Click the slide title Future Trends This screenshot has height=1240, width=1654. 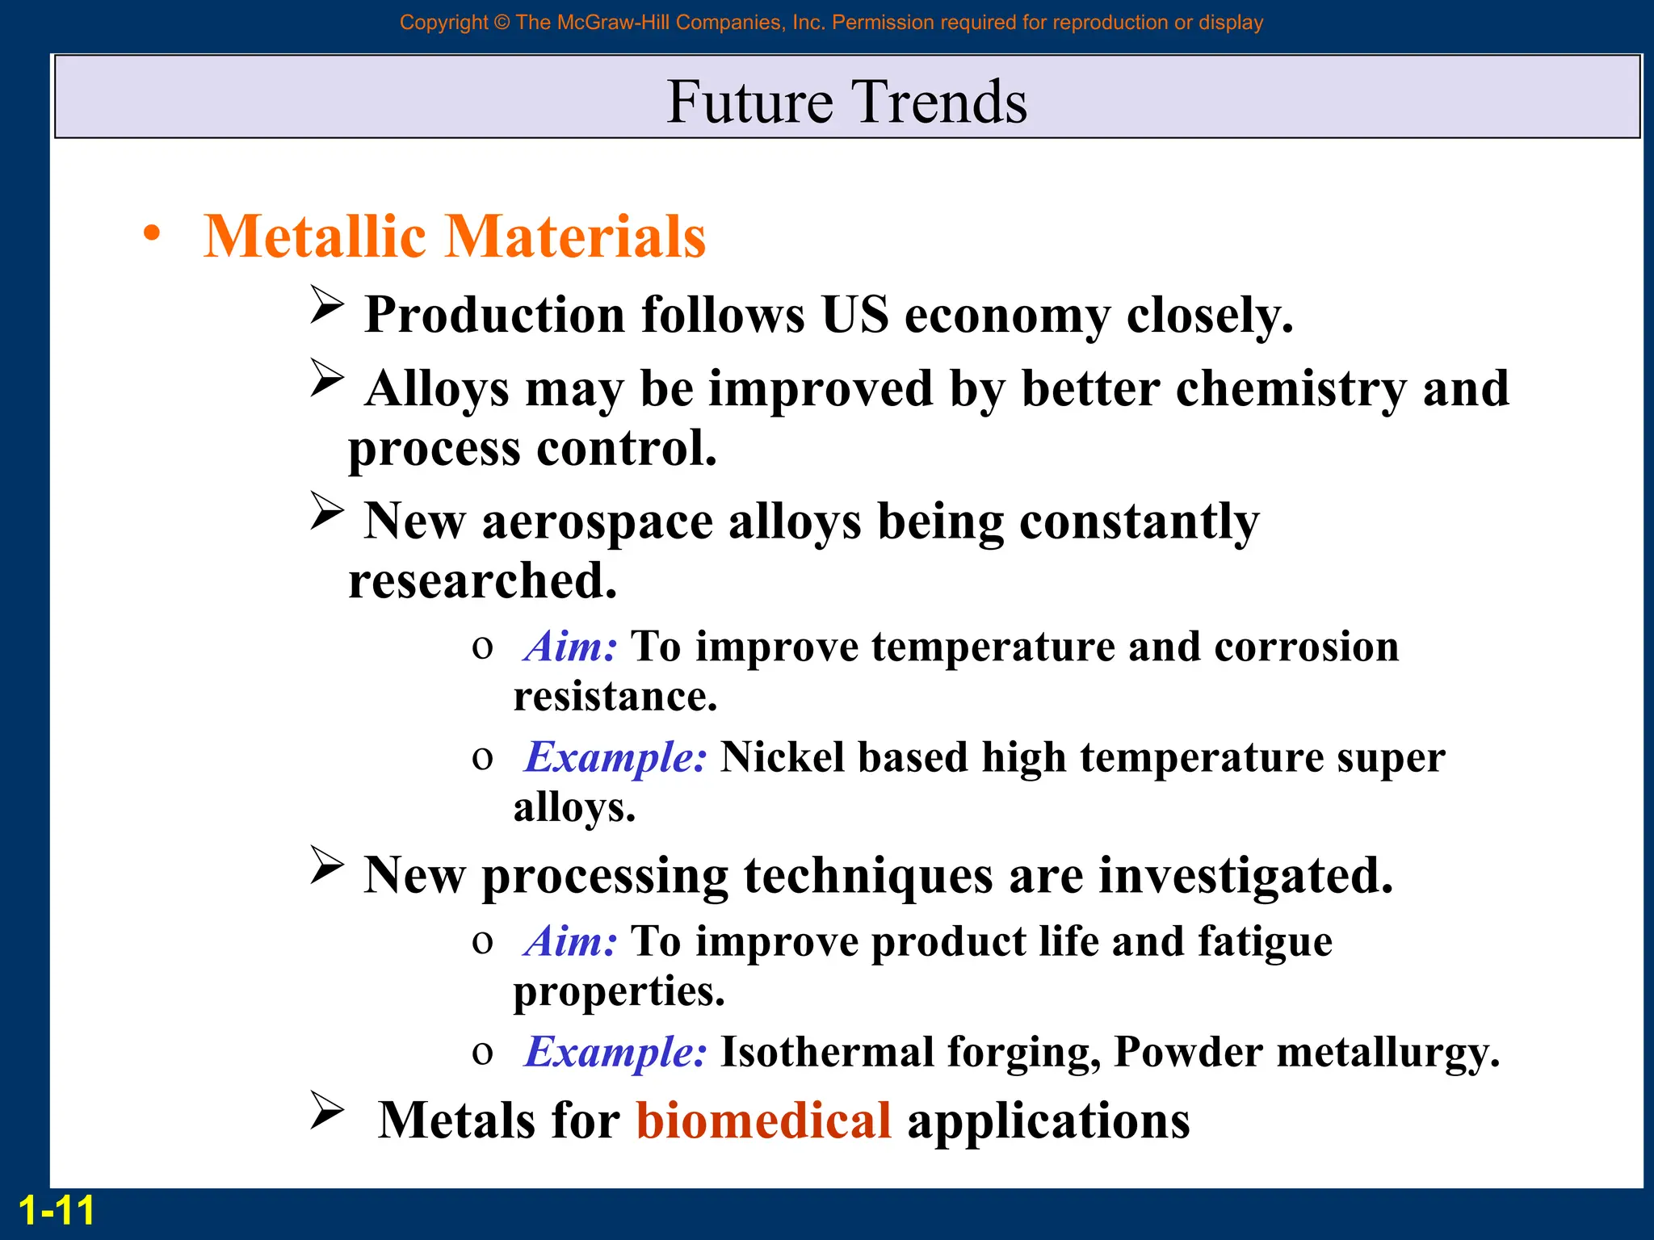coord(846,102)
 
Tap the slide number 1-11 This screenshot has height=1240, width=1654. coord(56,1211)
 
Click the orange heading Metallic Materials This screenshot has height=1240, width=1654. coord(454,237)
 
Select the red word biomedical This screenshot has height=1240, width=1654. coord(763,1121)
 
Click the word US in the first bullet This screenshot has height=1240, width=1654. coord(854,314)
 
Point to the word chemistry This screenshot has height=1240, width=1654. coord(1291,389)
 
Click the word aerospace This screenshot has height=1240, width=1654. coord(598,522)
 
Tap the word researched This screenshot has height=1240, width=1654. coord(482,581)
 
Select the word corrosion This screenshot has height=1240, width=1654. coord(1306,647)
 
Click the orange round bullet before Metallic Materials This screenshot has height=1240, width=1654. coord(152,234)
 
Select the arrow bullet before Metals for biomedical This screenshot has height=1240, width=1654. coord(327,1110)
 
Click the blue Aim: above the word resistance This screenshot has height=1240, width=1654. coord(570,647)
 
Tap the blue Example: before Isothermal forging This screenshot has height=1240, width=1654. coord(615,1052)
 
